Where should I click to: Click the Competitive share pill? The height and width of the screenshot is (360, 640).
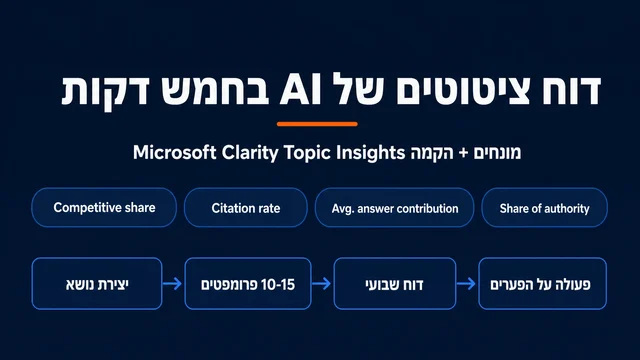[104, 207]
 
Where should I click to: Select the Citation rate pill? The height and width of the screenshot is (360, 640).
[246, 207]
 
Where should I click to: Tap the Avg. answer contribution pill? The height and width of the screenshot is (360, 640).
[395, 207]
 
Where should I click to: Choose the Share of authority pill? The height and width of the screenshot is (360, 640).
[544, 207]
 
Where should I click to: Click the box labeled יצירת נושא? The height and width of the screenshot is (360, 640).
[97, 283]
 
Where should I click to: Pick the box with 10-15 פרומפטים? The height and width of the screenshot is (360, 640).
[248, 283]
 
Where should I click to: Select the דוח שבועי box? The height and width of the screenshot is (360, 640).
[395, 283]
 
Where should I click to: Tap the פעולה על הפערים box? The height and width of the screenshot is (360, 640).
[542, 283]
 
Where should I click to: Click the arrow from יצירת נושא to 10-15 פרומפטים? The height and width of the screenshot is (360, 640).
[172, 283]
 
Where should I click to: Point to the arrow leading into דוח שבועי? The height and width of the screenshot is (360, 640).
[322, 283]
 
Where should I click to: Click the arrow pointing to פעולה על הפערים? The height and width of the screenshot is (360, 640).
[467, 283]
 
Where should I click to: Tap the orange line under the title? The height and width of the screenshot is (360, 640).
[317, 124]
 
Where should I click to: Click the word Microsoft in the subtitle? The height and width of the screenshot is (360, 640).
[175, 153]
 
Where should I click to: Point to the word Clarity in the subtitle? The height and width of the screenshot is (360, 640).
[250, 153]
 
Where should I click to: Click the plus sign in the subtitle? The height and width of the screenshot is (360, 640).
[463, 153]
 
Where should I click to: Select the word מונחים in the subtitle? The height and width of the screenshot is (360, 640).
[497, 153]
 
